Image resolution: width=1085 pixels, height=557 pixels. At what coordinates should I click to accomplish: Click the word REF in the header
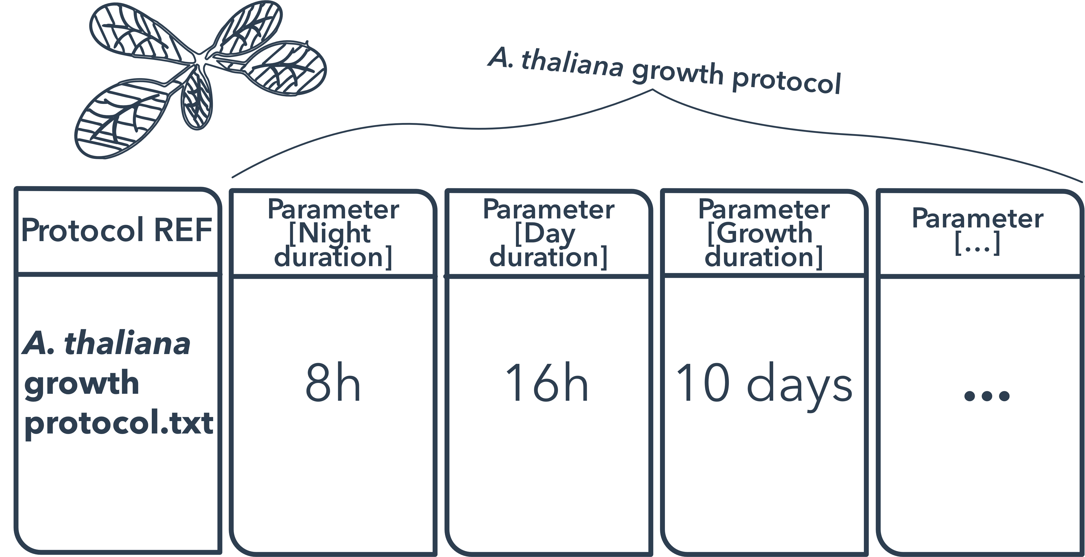point(183,230)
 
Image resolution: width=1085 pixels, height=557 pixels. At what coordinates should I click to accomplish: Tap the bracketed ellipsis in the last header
point(977,243)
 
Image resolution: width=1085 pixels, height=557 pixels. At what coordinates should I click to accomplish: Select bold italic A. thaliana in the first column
point(106,343)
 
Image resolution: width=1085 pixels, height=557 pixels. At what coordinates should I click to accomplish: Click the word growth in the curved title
point(677,72)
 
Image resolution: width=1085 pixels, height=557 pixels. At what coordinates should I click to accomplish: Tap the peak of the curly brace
point(653,89)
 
